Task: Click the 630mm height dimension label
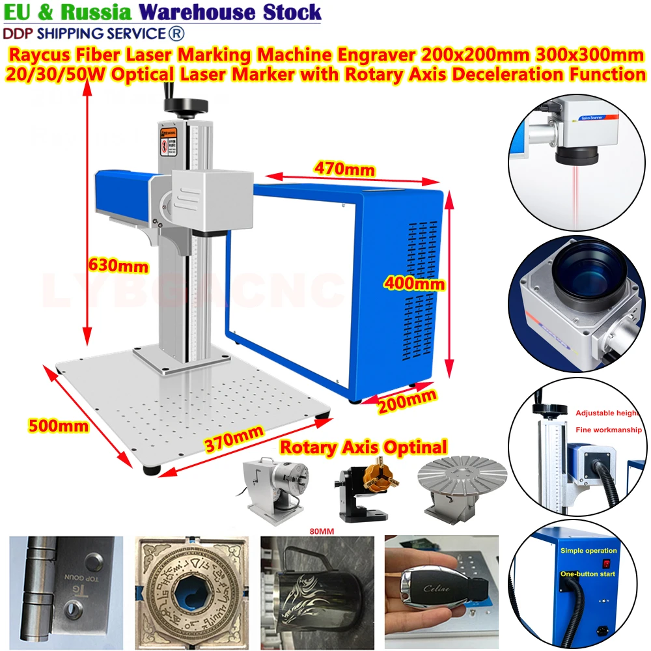117,266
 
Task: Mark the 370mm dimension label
233,442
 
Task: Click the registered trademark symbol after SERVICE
176,33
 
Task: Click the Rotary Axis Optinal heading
363,447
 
